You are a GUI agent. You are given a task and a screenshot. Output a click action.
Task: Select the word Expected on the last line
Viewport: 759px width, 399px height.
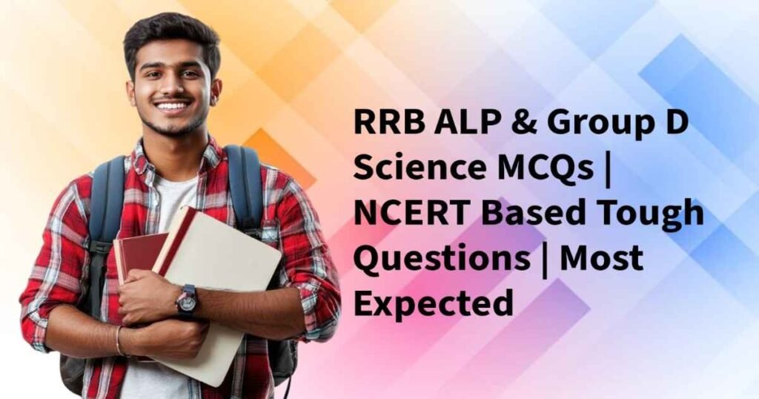pos(433,304)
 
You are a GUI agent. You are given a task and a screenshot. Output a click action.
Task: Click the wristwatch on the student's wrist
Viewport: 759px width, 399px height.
pos(186,300)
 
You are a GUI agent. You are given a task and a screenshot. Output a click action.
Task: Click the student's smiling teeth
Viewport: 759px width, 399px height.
pos(173,107)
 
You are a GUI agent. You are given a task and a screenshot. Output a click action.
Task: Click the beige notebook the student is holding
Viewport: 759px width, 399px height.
pos(222,260)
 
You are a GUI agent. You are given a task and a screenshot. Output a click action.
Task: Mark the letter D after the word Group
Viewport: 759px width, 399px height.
pos(675,122)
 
